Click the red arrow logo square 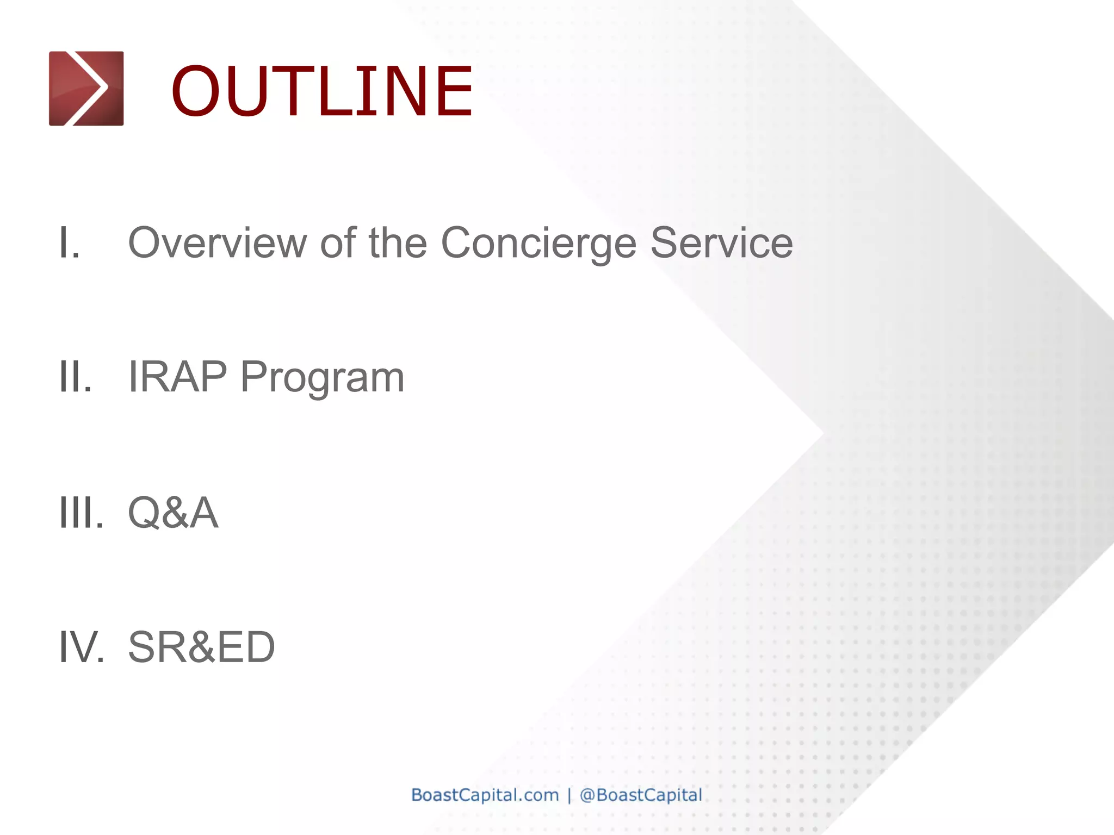click(86, 88)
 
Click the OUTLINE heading click(322, 91)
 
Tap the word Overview click(218, 242)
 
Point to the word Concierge click(539, 244)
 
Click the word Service click(721, 242)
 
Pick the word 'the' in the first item click(398, 242)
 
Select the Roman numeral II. click(75, 377)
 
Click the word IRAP click(177, 377)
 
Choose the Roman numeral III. click(81, 512)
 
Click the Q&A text click(173, 512)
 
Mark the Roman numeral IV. click(82, 647)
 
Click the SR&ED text click(201, 647)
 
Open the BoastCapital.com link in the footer click(485, 795)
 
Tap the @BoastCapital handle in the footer click(641, 795)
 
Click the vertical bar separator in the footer click(569, 795)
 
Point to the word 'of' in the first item click(338, 242)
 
